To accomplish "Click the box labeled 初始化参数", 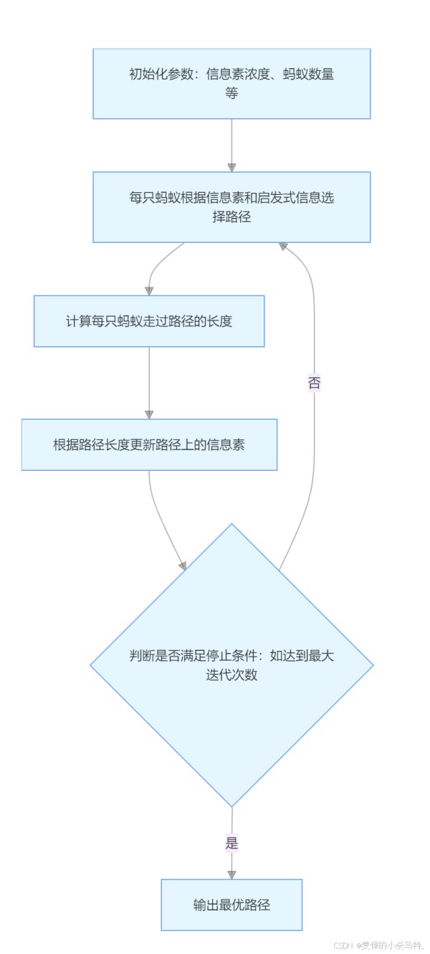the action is pos(231,83).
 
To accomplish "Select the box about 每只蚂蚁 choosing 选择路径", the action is pos(231,207).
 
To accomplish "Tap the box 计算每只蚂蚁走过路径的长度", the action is pos(149,321).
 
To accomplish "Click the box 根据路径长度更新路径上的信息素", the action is pos(149,444).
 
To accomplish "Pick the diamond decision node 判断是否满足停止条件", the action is pos(231,665).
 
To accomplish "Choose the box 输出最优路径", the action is pos(231,905).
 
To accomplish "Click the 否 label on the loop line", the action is pos(314,383).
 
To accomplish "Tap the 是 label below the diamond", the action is pos(231,843).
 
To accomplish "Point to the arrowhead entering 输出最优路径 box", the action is pos(231,874).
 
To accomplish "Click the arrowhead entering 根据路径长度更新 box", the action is pos(149,415).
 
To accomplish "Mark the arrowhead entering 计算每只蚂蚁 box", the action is pos(149,291).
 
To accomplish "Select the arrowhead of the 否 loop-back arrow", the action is pos(283,246).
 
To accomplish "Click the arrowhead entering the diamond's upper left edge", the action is pos(183,565).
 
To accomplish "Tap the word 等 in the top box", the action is pos(231,93).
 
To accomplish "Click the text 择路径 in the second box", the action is pos(231,216).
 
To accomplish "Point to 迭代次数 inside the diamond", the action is pos(231,674).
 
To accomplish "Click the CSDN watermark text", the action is pos(378,945).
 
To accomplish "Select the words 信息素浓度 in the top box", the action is pos(238,74).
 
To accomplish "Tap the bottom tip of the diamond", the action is pos(231,807).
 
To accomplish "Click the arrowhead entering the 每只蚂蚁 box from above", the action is pos(231,168).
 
